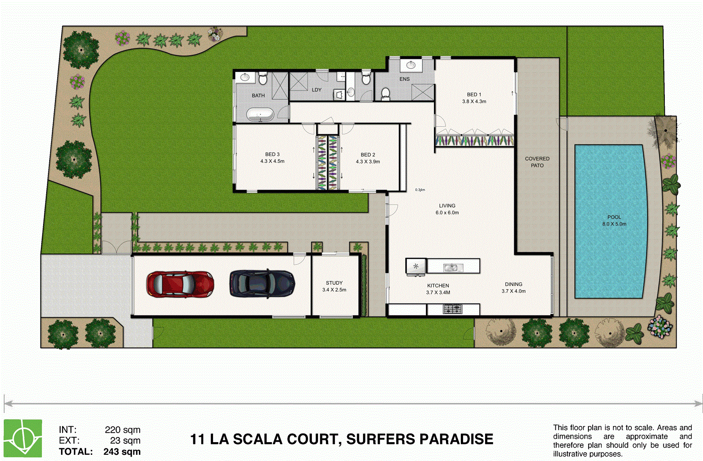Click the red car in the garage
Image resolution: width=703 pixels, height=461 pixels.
click(x=180, y=284)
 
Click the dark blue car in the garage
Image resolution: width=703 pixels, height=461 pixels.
click(x=262, y=283)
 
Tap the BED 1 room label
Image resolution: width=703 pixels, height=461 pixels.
click(x=474, y=98)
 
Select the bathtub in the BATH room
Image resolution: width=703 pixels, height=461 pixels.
click(x=260, y=115)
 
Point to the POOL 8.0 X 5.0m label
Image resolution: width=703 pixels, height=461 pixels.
click(x=614, y=220)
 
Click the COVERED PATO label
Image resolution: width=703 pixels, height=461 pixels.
click(x=537, y=162)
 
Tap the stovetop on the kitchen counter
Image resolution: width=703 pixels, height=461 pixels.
click(x=452, y=309)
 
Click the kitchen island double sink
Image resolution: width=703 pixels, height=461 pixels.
click(x=453, y=267)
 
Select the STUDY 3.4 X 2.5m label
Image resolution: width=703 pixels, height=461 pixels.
click(x=334, y=286)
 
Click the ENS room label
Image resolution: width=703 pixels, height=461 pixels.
click(x=404, y=79)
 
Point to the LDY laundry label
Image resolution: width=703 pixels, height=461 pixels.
click(x=316, y=90)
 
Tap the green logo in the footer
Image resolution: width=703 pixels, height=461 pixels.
click(x=23, y=438)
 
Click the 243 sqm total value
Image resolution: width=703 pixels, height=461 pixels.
click(x=122, y=451)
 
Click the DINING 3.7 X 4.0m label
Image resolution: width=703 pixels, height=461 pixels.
click(x=513, y=287)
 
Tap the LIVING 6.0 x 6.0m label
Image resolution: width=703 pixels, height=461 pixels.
click(x=447, y=209)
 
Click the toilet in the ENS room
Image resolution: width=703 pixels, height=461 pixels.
click(x=385, y=94)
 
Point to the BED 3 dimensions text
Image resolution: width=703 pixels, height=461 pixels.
click(x=272, y=161)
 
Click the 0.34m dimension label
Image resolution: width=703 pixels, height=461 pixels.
click(x=420, y=190)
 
